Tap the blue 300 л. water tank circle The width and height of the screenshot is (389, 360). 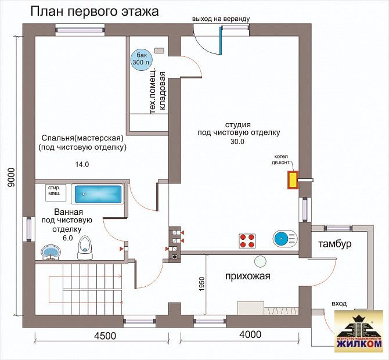pyautogui.click(x=141, y=58)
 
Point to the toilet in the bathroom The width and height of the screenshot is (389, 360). pyautogui.click(x=85, y=248)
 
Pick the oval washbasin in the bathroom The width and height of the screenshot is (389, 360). pyautogui.click(x=51, y=251)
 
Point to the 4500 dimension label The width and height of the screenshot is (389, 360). pyautogui.click(x=105, y=335)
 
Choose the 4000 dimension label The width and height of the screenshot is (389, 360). pyautogui.click(x=250, y=334)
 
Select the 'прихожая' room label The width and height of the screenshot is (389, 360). pyautogui.click(x=248, y=276)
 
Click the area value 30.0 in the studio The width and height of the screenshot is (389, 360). pyautogui.click(x=237, y=142)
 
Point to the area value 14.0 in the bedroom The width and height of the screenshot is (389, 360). pyautogui.click(x=82, y=164)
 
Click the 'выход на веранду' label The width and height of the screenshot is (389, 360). pyautogui.click(x=221, y=19)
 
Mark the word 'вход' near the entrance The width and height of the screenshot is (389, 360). pyautogui.click(x=339, y=303)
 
